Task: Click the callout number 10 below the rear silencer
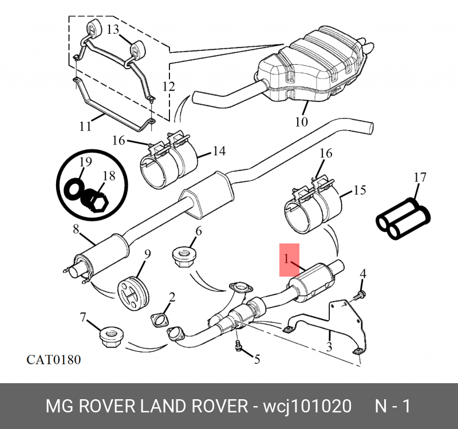click(x=302, y=121)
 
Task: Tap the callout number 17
click(x=420, y=178)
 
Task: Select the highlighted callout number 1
click(x=287, y=259)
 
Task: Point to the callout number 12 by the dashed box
click(x=168, y=86)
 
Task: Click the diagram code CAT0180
click(x=53, y=360)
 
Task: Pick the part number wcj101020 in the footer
click(x=307, y=406)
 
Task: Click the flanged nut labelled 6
click(x=184, y=257)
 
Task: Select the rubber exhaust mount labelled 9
click(x=133, y=293)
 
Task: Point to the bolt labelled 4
click(x=360, y=295)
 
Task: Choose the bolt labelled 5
click(x=238, y=346)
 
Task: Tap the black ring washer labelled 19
click(x=72, y=189)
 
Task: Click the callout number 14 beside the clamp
click(x=219, y=151)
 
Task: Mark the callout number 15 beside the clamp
click(x=360, y=190)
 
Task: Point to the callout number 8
click(x=76, y=229)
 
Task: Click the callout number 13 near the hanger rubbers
click(x=113, y=29)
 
